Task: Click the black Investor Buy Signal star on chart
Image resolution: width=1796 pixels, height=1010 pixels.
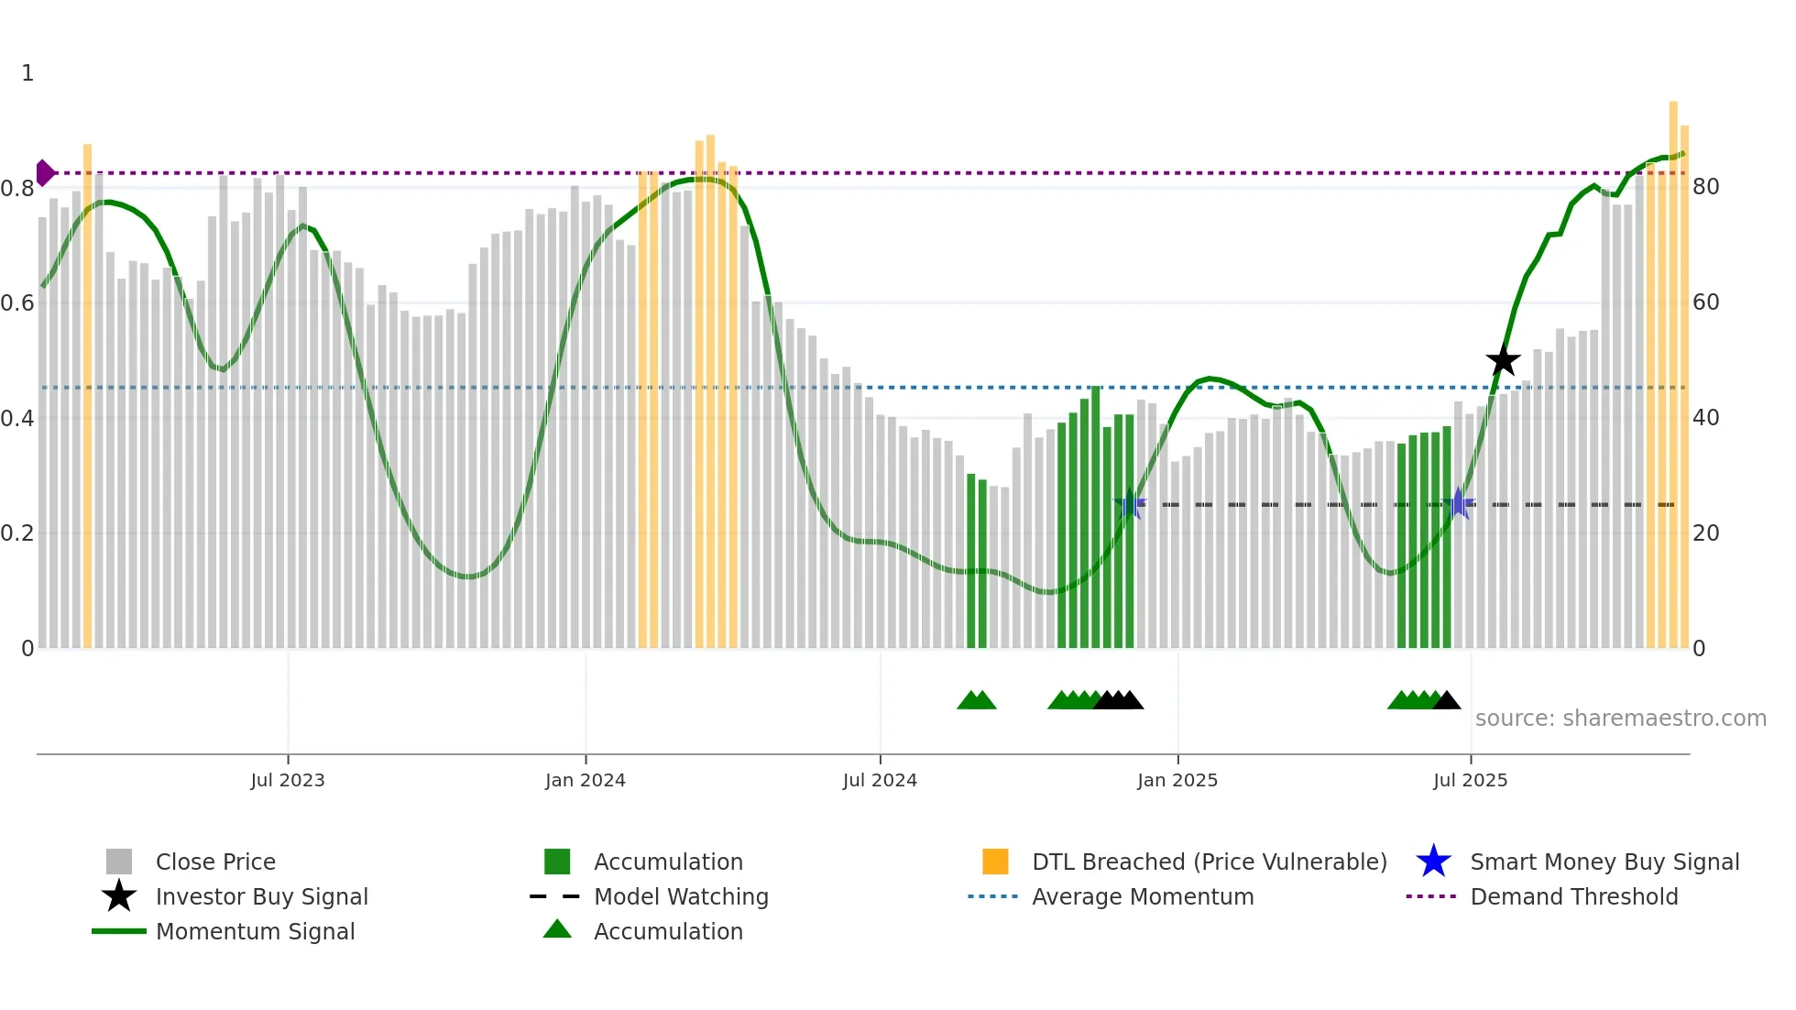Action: point(1503,361)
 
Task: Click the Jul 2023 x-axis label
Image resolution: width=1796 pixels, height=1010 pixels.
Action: point(288,780)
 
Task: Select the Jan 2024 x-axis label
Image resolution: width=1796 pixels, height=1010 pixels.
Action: point(585,780)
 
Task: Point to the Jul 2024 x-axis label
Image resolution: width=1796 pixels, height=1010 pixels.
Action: point(880,780)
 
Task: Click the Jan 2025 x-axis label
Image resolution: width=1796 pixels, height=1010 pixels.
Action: point(1177,780)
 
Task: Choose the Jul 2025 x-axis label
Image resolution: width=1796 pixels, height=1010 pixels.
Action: point(1470,780)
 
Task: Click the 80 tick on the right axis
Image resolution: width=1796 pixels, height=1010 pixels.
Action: point(1706,187)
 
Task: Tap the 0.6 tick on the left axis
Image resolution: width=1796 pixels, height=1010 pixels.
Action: point(17,303)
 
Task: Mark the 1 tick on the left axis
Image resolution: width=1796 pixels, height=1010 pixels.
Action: point(27,73)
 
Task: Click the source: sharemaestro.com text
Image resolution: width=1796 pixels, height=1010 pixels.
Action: point(1620,719)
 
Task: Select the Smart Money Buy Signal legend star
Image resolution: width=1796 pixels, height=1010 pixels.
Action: point(1433,862)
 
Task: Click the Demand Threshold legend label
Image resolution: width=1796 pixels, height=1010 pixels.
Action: point(1573,896)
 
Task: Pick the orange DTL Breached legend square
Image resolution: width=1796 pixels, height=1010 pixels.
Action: point(995,862)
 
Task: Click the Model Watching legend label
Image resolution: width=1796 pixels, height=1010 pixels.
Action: point(681,896)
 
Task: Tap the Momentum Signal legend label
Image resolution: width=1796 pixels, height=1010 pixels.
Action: point(255,931)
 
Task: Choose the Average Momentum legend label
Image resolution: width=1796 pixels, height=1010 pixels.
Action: point(1143,896)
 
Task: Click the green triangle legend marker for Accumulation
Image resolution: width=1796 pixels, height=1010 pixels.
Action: point(557,929)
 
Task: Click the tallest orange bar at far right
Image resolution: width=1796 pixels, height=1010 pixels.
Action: point(1673,367)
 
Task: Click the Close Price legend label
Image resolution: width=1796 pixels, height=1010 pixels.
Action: point(215,862)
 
